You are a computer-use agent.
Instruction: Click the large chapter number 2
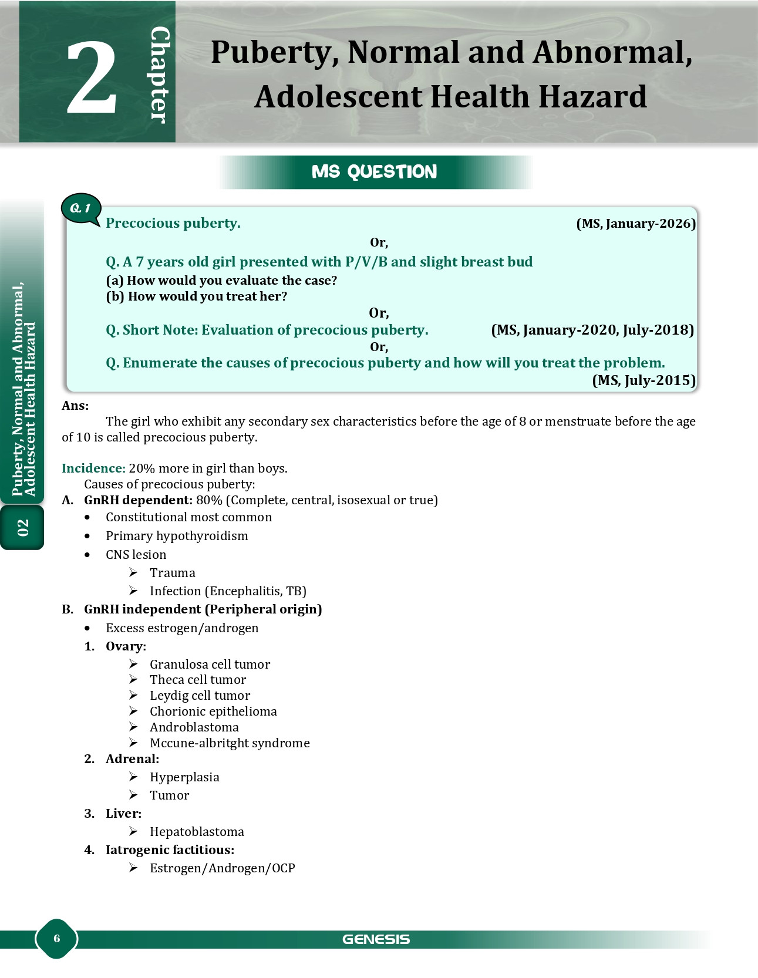click(x=92, y=77)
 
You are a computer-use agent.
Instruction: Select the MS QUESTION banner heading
click(x=375, y=171)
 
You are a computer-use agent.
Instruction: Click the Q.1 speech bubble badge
click(x=80, y=208)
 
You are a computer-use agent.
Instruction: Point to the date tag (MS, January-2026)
click(x=636, y=224)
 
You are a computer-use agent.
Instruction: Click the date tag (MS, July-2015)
click(x=644, y=380)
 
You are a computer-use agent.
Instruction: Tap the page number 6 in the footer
click(x=57, y=938)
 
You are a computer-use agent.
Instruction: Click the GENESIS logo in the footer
click(x=376, y=939)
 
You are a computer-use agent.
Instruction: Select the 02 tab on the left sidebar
click(x=22, y=527)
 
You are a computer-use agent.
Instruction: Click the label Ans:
click(x=75, y=406)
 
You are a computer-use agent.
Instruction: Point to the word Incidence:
click(x=93, y=468)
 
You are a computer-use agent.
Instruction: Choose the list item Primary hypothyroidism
click(x=177, y=536)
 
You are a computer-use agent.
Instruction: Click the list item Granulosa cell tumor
click(x=210, y=665)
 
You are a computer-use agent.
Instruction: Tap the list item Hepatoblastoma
click(x=197, y=832)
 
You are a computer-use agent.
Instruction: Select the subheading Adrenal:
click(x=132, y=759)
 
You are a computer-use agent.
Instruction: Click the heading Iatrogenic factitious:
click(x=170, y=850)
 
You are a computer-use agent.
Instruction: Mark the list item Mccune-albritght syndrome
click(x=230, y=743)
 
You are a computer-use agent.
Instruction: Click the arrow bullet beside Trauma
click(x=134, y=572)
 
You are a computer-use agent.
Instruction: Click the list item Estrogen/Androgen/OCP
click(x=222, y=868)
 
